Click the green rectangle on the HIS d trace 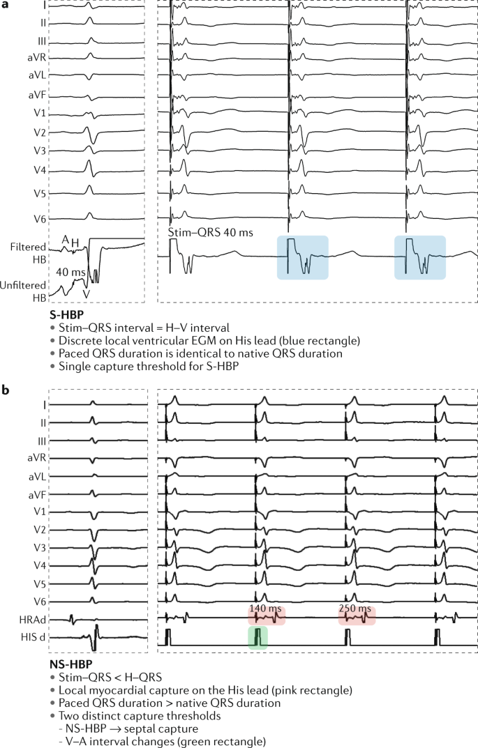tap(257, 637)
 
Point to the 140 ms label tap(265, 609)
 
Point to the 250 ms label tap(356, 609)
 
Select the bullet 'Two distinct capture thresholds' tap(144, 716)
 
